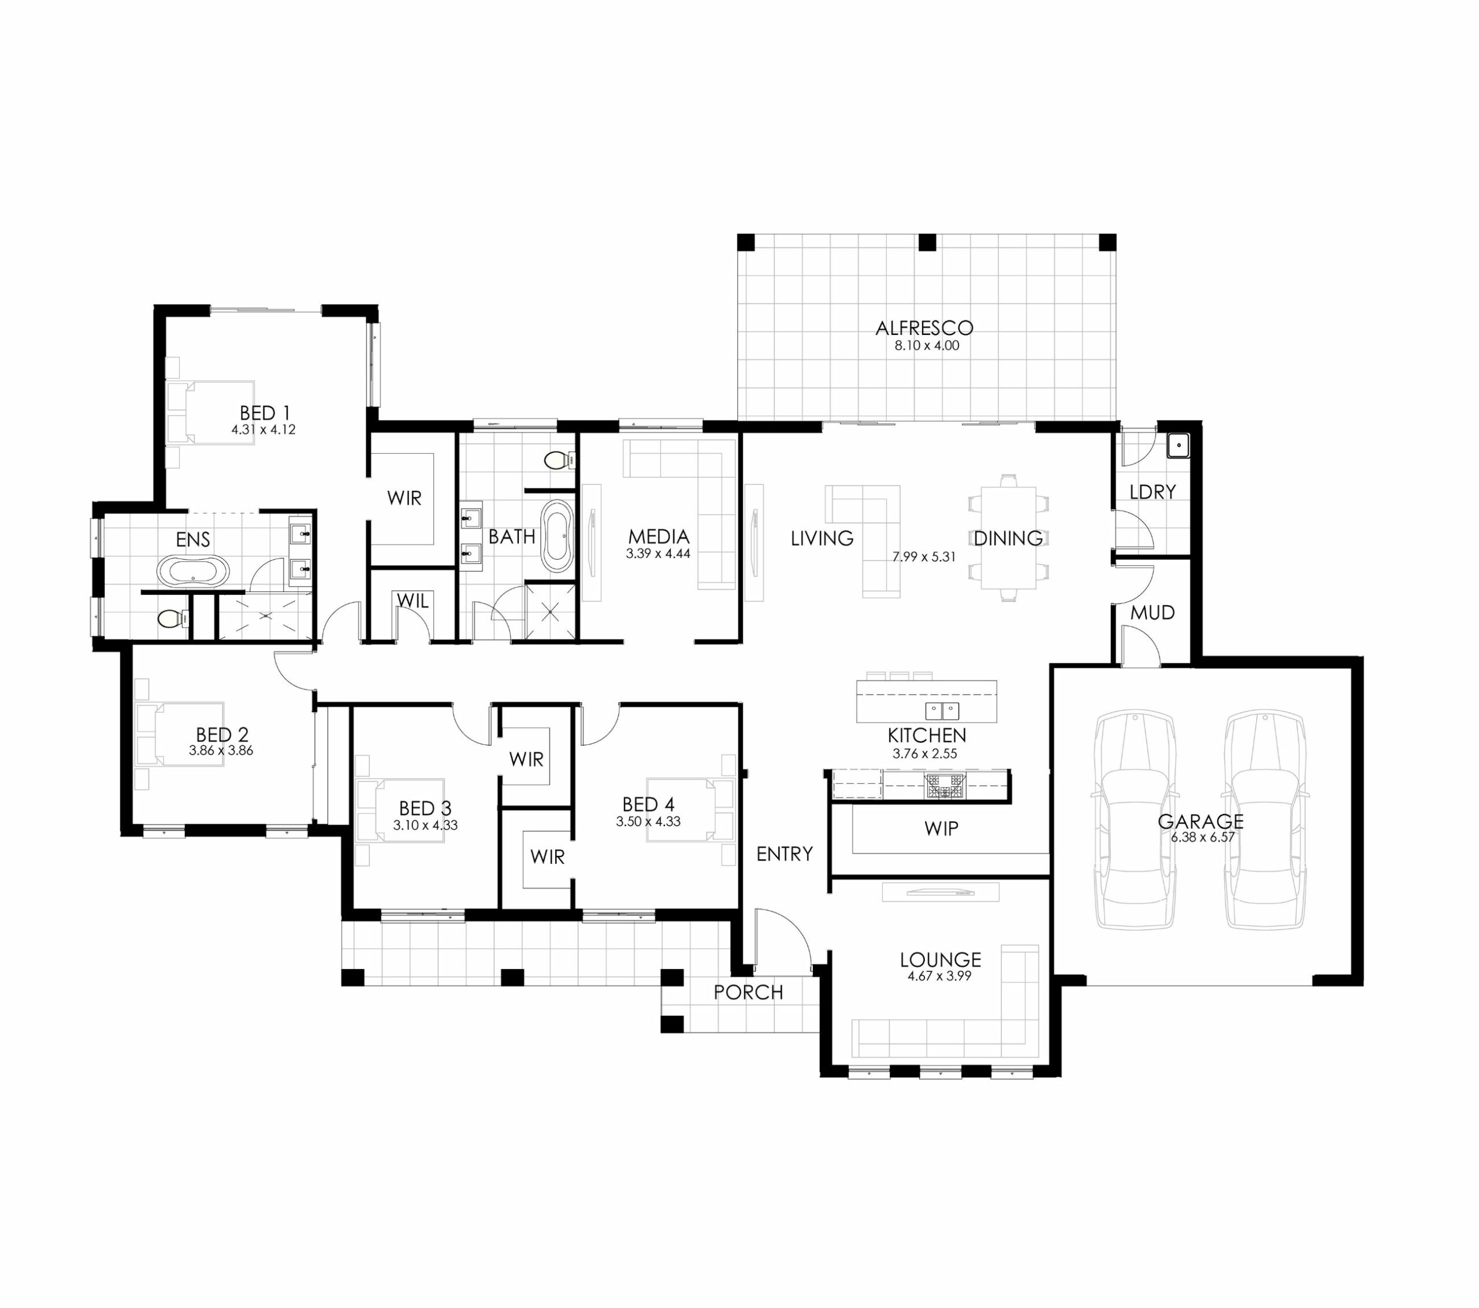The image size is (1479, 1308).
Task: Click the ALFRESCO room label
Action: (x=924, y=329)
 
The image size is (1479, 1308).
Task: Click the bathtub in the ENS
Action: (x=193, y=571)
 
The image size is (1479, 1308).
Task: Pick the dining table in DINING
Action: (x=1008, y=538)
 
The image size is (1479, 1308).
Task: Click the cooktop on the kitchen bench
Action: (x=945, y=786)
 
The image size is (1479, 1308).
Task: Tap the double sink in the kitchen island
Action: (x=942, y=710)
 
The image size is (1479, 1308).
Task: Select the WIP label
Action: (x=941, y=828)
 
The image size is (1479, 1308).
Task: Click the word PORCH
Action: (x=748, y=992)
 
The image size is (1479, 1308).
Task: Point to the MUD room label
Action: (x=1152, y=613)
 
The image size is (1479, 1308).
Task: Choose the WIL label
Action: (x=413, y=601)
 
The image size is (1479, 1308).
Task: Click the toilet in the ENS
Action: (x=174, y=618)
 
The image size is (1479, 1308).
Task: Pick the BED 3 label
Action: (x=425, y=808)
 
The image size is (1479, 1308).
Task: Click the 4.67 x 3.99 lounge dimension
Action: (x=939, y=976)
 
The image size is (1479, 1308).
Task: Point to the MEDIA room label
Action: (x=659, y=537)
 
